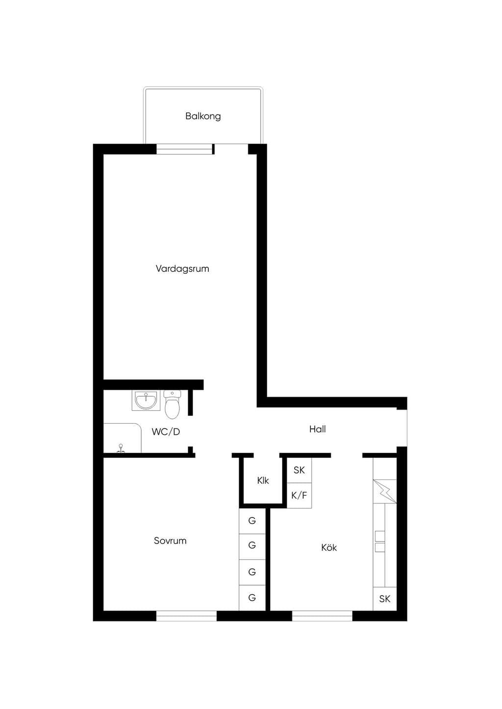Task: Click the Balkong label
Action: [203, 116]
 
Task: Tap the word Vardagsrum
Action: [182, 269]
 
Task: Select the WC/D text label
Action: [166, 432]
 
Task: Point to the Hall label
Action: [317, 429]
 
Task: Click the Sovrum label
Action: [170, 541]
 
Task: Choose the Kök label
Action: [329, 547]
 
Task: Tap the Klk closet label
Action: [263, 480]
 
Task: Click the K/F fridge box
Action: [299, 496]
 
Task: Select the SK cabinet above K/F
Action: [299, 471]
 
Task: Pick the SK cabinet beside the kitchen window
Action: [385, 599]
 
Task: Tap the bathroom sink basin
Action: [146, 401]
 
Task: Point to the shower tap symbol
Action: [121, 449]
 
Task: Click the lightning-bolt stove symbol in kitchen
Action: [385, 492]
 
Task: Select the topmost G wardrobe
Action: [252, 521]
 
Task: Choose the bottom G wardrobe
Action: [252, 598]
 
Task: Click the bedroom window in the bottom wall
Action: [186, 615]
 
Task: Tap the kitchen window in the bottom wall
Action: [322, 615]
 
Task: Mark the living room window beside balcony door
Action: [184, 149]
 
